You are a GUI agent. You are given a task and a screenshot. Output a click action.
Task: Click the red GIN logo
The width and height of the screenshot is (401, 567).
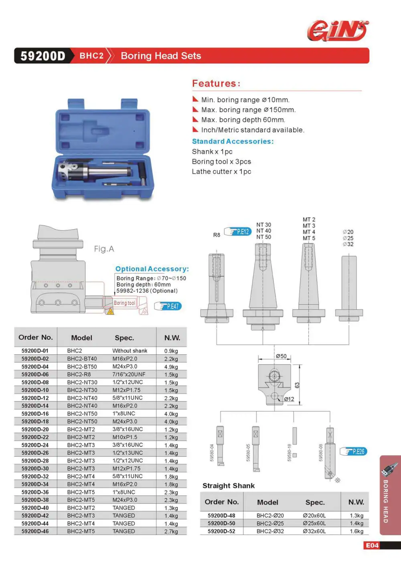coord(338,30)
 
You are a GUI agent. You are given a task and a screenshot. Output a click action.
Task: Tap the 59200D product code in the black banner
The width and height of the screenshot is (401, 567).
coord(43,56)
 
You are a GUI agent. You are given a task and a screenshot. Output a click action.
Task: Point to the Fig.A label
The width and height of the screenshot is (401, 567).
coord(104,249)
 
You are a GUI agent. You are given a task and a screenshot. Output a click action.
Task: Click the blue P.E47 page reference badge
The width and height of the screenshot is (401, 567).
coord(168,306)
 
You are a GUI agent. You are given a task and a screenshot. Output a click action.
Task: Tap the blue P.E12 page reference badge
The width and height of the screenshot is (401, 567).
coord(238,232)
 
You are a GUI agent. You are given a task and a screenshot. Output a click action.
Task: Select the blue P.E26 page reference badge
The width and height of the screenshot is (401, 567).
coord(353,451)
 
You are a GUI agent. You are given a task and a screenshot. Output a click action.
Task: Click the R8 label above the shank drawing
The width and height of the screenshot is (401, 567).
coord(217,235)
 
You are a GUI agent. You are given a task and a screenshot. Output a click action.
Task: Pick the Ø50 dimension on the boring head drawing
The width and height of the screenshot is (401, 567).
coord(281,356)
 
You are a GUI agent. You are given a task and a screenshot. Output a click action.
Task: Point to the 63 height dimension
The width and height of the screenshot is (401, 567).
coord(297,385)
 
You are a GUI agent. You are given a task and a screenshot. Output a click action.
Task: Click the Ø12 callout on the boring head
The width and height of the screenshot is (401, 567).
coord(289,399)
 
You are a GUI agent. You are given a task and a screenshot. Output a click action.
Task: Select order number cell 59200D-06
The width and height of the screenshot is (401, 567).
coord(35,374)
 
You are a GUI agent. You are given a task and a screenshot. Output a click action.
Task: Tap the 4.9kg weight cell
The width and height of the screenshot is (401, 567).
coord(171,367)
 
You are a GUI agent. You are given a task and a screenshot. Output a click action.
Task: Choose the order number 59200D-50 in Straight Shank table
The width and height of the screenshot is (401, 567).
coord(221,523)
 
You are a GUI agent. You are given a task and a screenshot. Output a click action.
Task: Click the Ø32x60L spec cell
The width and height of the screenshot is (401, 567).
coord(314,531)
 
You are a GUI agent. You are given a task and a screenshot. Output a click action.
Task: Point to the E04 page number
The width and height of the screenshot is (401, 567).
coord(372,545)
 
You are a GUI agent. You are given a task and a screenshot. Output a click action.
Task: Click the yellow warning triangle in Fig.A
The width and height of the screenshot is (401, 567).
coord(110,311)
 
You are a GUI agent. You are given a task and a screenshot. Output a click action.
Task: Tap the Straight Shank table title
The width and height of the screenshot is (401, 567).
coord(229,486)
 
